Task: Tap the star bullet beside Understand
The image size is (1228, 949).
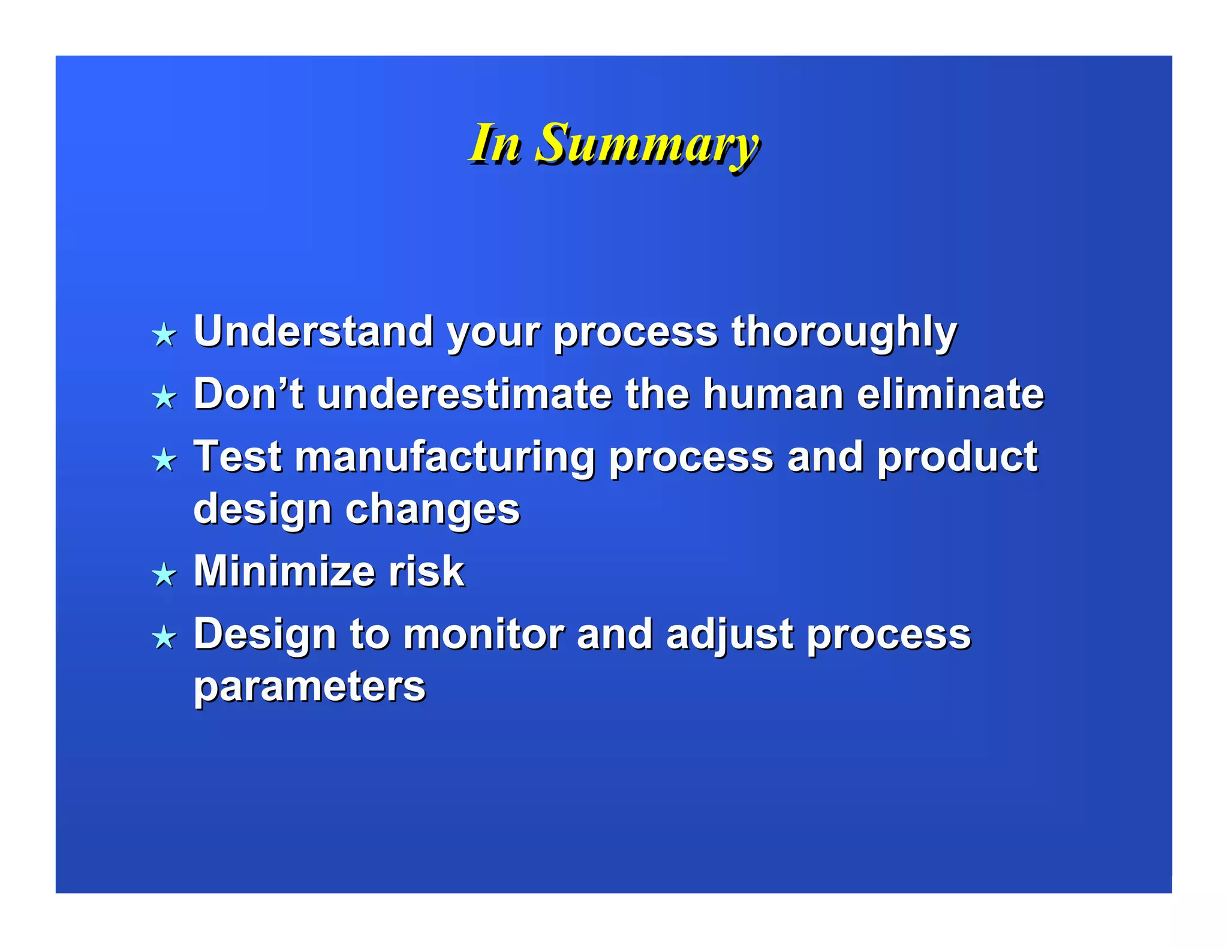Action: coord(164,335)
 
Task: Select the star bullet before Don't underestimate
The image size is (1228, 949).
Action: coord(164,397)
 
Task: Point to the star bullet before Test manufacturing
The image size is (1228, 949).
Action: coord(164,460)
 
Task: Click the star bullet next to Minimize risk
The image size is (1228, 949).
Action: coord(164,575)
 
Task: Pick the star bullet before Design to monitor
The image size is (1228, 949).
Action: coord(164,637)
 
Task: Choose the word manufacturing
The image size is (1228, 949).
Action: coord(444,458)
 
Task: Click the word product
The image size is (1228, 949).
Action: coord(957,458)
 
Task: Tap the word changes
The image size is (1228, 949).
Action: coord(432,510)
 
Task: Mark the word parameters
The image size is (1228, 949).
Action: coord(309,687)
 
